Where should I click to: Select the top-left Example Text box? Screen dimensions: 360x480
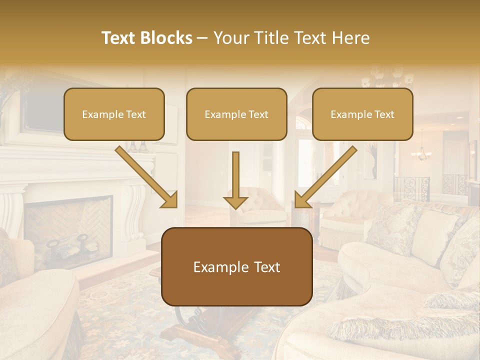[x=114, y=114]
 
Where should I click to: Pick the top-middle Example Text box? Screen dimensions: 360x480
[x=236, y=114]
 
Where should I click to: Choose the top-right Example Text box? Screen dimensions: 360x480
[x=362, y=114]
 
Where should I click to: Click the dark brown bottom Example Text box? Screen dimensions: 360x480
[x=236, y=266]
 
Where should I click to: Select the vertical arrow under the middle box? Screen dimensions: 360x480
[x=235, y=180]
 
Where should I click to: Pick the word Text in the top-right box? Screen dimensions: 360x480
[x=384, y=114]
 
